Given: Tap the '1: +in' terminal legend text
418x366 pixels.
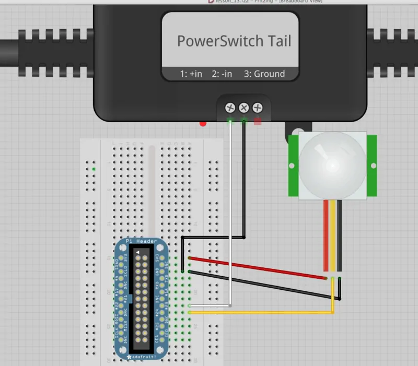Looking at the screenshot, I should pyautogui.click(x=191, y=74).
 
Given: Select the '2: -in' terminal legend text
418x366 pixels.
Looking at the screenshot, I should pyautogui.click(x=222, y=74).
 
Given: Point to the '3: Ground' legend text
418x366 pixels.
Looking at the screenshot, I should pyautogui.click(x=264, y=74).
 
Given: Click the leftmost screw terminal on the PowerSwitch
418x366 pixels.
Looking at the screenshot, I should pyautogui.click(x=230, y=108).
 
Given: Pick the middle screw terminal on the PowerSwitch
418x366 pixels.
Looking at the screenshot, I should pyautogui.click(x=243, y=108).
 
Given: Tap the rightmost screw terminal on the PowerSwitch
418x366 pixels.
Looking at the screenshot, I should pyautogui.click(x=257, y=108).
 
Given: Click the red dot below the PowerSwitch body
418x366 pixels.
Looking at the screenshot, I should pyautogui.click(x=203, y=124).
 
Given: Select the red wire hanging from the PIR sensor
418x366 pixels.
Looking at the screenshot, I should pyautogui.click(x=327, y=235).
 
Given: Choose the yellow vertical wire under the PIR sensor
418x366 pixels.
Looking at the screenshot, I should pyautogui.click(x=333, y=235).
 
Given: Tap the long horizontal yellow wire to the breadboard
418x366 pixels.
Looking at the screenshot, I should pyautogui.click(x=261, y=312).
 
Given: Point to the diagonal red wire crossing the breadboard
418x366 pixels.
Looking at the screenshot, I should pyautogui.click(x=256, y=268).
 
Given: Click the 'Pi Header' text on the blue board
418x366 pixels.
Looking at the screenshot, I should pyautogui.click(x=141, y=241).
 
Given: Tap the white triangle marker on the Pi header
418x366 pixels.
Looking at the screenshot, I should pyautogui.click(x=138, y=252).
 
